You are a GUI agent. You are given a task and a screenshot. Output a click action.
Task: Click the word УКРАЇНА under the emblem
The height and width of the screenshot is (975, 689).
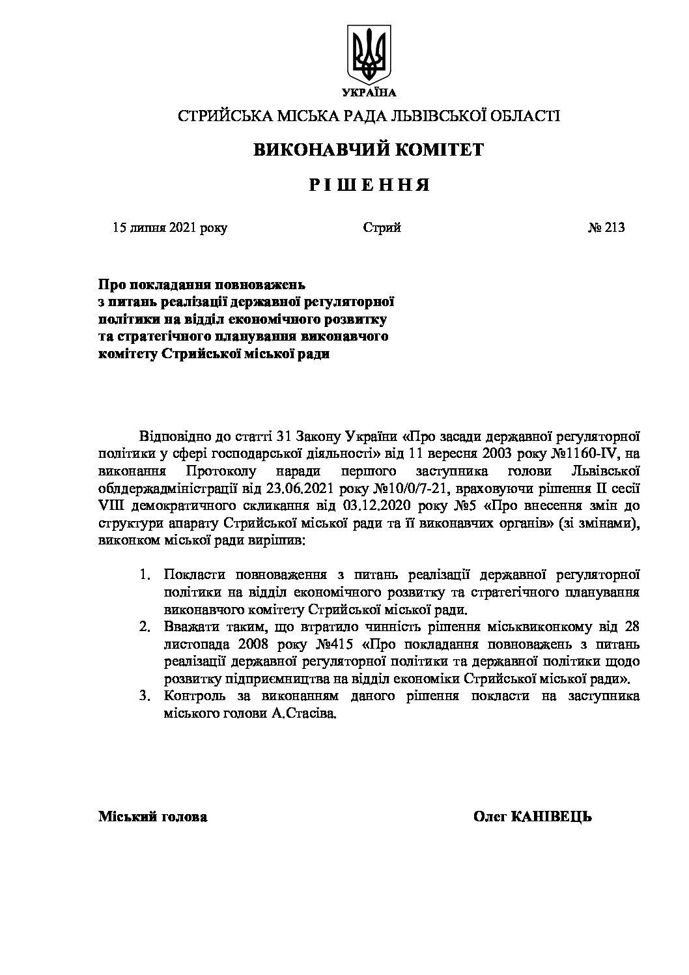[369, 92]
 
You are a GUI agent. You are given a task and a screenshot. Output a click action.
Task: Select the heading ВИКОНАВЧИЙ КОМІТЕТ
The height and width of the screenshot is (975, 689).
[368, 150]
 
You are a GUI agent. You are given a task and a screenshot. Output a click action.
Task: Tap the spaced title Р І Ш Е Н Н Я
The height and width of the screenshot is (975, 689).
[369, 186]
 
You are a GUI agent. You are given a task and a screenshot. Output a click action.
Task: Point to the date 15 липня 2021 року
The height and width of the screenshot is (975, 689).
[170, 227]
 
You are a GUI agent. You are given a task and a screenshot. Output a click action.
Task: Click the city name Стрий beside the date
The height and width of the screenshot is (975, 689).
[382, 227]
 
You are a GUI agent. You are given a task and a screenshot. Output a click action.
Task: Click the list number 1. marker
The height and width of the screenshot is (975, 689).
[146, 576]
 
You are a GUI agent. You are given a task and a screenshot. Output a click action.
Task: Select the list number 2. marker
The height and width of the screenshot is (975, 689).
[145, 628]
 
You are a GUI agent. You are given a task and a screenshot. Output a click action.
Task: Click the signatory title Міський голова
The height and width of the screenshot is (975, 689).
[153, 817]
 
